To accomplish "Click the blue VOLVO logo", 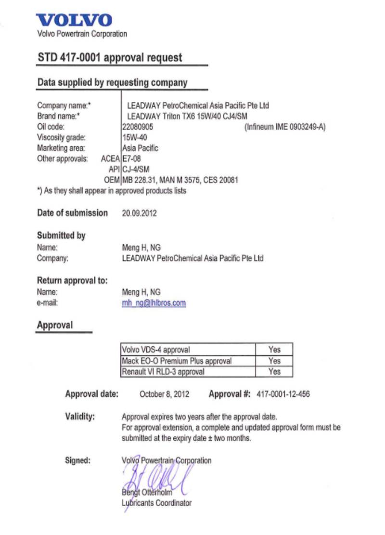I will [75, 20].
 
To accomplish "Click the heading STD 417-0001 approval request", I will [110, 58].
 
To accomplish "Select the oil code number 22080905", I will [138, 127].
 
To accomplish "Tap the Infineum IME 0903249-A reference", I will [285, 127].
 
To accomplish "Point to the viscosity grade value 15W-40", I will [134, 137].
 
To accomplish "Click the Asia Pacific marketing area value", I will [140, 148].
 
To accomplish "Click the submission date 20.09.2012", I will [140, 213].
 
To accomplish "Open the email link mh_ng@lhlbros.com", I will [154, 303].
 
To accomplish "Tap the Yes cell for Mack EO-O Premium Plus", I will [274, 361].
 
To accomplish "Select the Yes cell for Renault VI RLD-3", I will [274, 372].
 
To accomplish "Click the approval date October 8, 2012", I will [164, 394].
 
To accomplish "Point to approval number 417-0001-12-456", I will [283, 394].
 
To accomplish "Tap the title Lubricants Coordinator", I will [156, 503].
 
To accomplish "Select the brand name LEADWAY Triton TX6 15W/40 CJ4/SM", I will [187, 116].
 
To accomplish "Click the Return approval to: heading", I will [72, 281].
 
